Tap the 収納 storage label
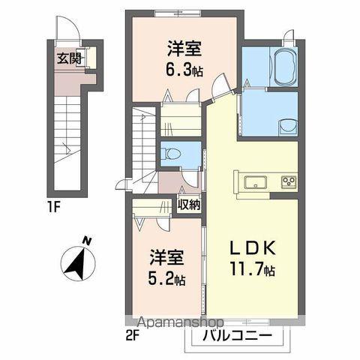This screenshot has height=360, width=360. point(188,204)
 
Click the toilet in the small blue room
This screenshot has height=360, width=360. point(174,154)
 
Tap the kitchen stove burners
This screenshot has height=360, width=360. point(289,181)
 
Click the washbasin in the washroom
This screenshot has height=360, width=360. point(285,124)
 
